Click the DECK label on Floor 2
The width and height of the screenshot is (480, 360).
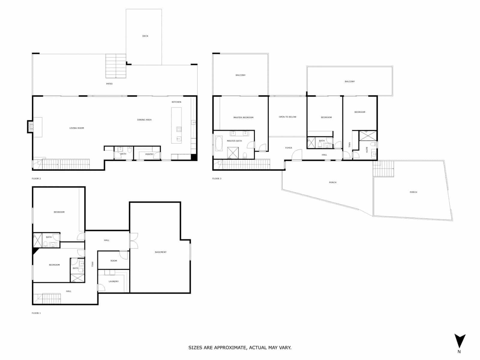point(145,36)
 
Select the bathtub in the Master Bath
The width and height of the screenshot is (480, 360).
point(219,144)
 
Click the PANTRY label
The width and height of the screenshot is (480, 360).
point(149,154)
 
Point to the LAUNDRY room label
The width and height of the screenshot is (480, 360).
point(114,281)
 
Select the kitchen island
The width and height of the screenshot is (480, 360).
point(176,125)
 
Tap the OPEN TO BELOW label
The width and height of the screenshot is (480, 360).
point(287,117)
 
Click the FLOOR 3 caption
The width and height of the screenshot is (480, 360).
point(217,178)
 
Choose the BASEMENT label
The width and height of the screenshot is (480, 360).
point(160,252)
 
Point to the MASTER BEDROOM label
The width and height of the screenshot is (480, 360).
point(243,118)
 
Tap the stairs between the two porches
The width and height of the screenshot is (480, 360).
point(383,169)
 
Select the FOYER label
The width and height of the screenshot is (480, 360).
point(289,148)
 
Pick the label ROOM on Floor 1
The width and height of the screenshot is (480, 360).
point(114,261)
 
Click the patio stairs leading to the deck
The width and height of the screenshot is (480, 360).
point(115,66)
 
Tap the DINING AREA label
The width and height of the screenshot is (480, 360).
point(144,120)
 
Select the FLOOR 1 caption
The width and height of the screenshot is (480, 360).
point(36,313)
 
